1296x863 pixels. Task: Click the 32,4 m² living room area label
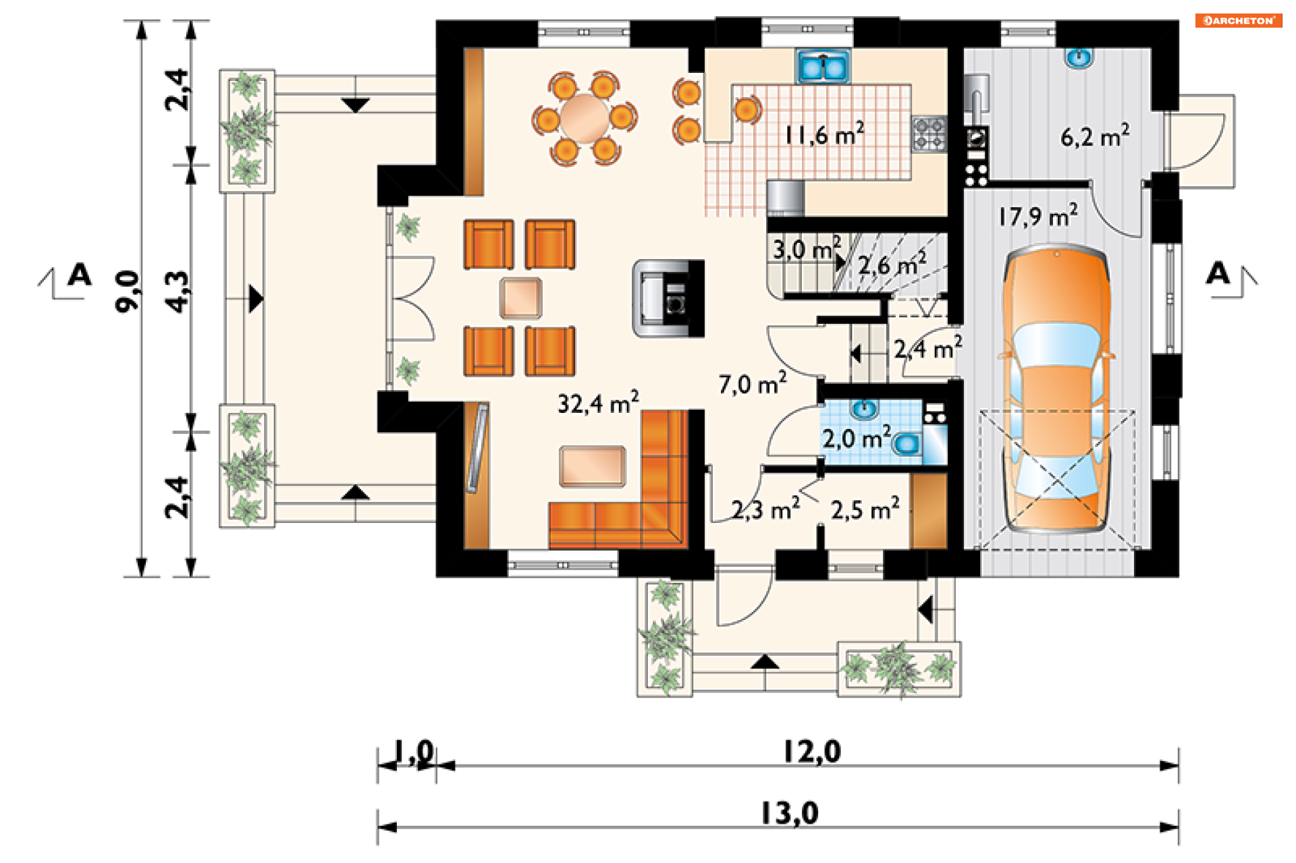tap(598, 403)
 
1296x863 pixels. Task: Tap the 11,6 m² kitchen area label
tap(823, 134)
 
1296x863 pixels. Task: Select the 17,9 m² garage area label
tap(1038, 216)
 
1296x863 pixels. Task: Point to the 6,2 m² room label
tap(1095, 136)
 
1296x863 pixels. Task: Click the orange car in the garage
tap(1057, 390)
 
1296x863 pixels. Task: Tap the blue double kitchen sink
tap(823, 67)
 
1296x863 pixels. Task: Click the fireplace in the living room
tap(668, 298)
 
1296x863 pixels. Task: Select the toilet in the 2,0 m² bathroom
tap(906, 443)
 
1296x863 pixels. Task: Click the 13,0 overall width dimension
tap(790, 813)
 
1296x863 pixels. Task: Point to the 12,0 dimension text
tap(812, 752)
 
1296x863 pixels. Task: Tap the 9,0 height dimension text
tap(128, 291)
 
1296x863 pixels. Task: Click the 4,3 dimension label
tap(178, 292)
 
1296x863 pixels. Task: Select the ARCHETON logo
tap(1239, 20)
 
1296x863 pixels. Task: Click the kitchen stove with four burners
tap(929, 134)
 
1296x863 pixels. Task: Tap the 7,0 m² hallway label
tap(753, 383)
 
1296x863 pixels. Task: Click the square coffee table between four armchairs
tap(520, 298)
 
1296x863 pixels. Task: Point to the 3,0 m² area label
tap(807, 248)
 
